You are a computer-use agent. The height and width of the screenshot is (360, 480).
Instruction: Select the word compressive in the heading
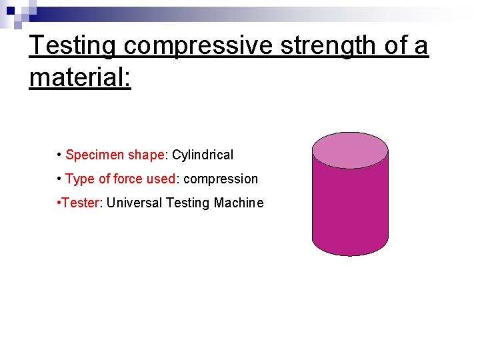pos(197,46)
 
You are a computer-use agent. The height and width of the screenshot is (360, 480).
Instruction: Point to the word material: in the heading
pos(80,77)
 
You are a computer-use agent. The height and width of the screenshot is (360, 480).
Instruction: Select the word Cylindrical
pos(203,155)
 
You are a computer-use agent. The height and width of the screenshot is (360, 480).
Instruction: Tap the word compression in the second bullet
pos(221,179)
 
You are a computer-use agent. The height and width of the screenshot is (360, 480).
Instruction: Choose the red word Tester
pos(81,203)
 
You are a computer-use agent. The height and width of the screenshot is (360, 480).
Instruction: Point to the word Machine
pos(239,203)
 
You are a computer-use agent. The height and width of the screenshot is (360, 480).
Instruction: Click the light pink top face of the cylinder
pos(351,149)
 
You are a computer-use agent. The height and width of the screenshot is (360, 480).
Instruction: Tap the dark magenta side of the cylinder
pos(351,207)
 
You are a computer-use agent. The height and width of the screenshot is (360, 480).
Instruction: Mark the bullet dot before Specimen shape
pos(59,155)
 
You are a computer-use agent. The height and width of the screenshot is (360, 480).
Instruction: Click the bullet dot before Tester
pos(59,203)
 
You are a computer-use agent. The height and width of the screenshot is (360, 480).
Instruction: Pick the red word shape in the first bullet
pos(146,155)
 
